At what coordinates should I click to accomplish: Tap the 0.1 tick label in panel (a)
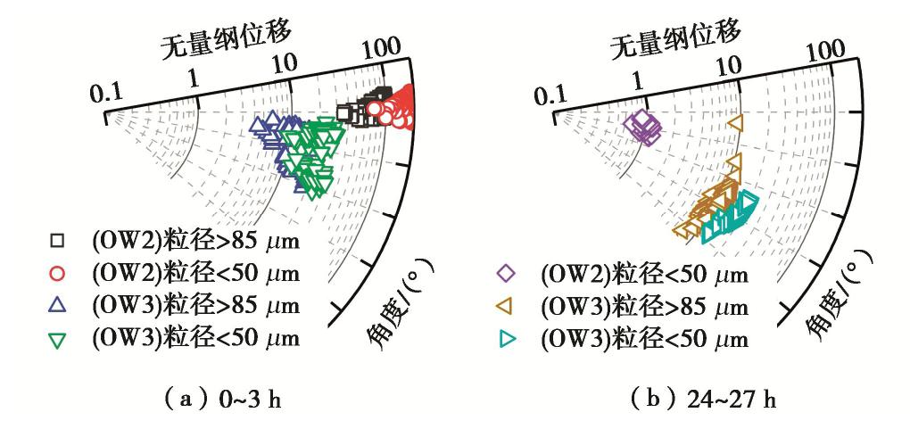pyautogui.click(x=105, y=93)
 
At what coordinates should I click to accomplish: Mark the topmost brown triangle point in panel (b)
pyautogui.click(x=735, y=122)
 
